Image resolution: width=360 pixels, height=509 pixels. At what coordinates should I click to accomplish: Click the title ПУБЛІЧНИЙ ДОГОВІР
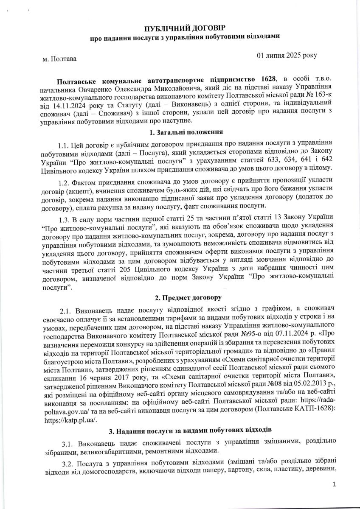(x=180, y=28)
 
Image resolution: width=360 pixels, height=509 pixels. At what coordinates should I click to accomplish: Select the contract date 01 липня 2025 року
(x=287, y=56)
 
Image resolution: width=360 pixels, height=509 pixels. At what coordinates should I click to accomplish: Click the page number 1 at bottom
(x=335, y=484)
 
